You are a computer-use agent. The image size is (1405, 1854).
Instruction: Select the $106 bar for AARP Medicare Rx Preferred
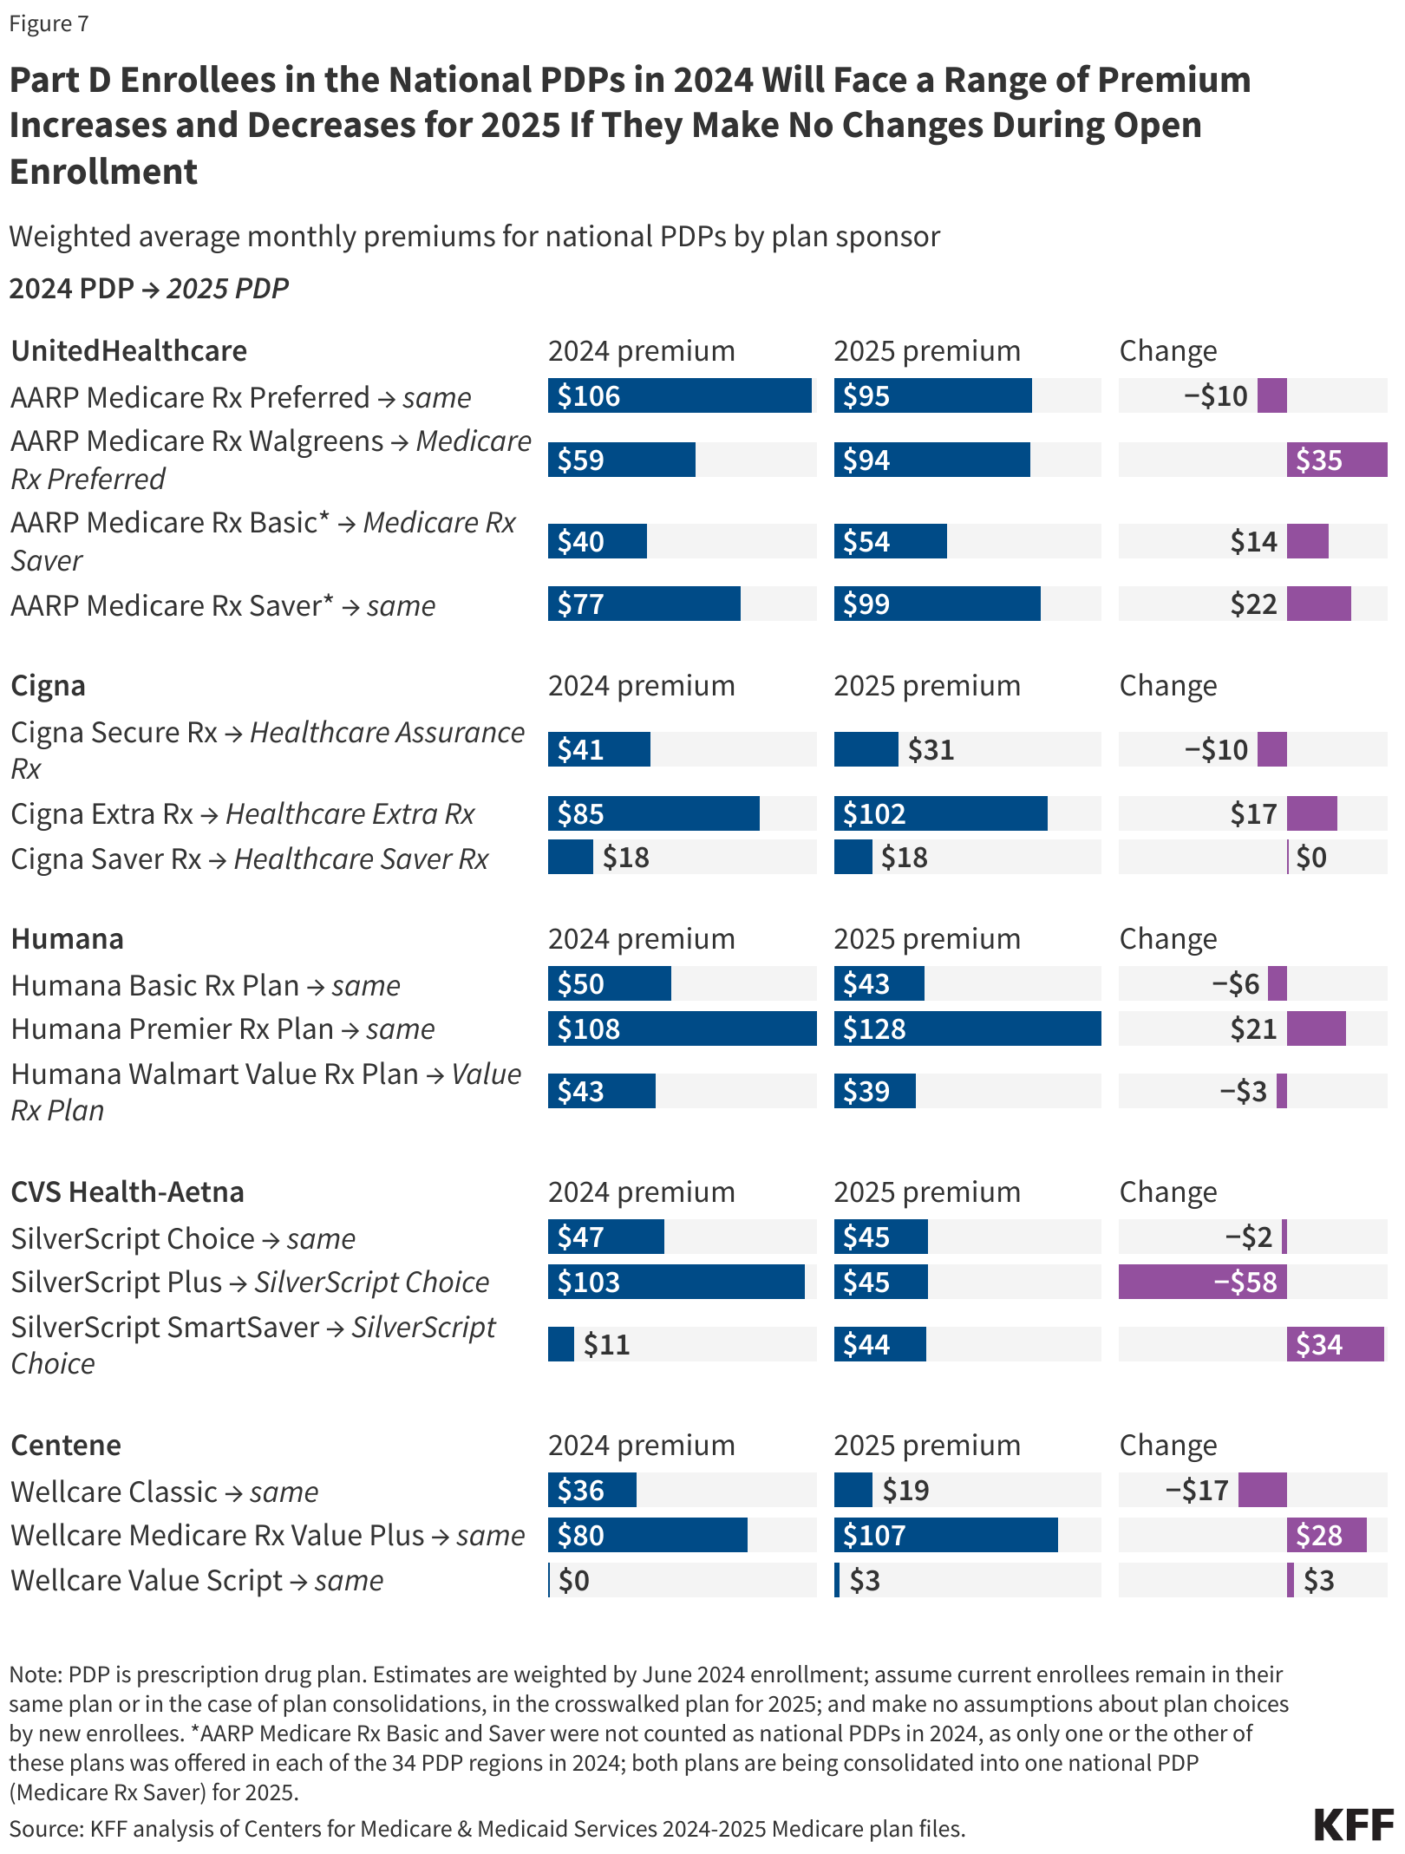point(679,396)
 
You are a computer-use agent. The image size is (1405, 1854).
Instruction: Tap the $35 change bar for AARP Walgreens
point(1336,460)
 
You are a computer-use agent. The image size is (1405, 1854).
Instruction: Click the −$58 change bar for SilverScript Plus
point(1202,1282)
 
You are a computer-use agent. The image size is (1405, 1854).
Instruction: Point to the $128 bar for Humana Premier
point(967,1028)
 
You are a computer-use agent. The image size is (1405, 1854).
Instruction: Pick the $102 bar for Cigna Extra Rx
point(940,813)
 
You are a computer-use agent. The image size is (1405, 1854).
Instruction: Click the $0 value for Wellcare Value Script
point(574,1580)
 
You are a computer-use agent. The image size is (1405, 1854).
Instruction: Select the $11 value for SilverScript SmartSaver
point(606,1344)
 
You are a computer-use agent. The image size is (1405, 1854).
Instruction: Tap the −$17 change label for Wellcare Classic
point(1197,1490)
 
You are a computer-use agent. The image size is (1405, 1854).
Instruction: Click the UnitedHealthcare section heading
point(129,350)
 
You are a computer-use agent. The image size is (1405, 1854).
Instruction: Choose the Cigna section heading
point(49,685)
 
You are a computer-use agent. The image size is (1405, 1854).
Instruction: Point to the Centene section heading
point(66,1445)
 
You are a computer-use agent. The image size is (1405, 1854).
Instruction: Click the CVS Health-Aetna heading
point(127,1191)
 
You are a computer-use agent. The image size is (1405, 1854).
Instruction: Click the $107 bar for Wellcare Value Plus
point(945,1535)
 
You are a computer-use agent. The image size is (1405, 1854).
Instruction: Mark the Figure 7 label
point(49,23)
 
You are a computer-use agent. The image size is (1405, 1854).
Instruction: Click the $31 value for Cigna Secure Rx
point(931,749)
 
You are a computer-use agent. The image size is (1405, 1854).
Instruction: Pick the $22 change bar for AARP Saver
point(1318,604)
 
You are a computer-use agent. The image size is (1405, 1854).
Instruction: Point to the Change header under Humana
point(1167,938)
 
